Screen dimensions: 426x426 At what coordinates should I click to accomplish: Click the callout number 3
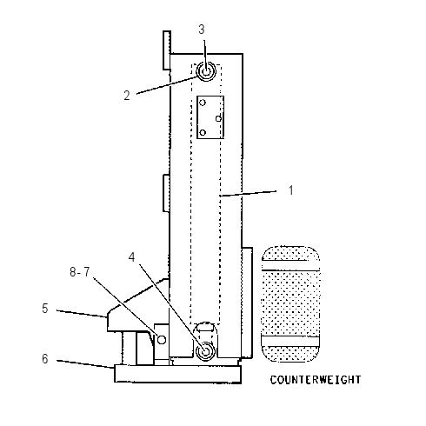[202, 30]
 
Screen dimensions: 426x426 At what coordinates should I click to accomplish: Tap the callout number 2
[127, 96]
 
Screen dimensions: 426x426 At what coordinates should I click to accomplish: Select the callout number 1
[291, 190]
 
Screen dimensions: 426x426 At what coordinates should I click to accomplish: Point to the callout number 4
[132, 256]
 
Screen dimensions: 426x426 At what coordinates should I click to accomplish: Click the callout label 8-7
[80, 272]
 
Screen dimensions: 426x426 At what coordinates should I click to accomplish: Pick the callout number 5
[45, 309]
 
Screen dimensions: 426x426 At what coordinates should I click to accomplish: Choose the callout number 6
[45, 359]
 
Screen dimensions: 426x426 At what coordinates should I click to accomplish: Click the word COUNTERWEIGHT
[316, 380]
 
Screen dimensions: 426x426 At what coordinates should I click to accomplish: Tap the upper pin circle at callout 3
[206, 71]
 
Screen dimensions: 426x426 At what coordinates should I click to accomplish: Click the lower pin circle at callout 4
[205, 351]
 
